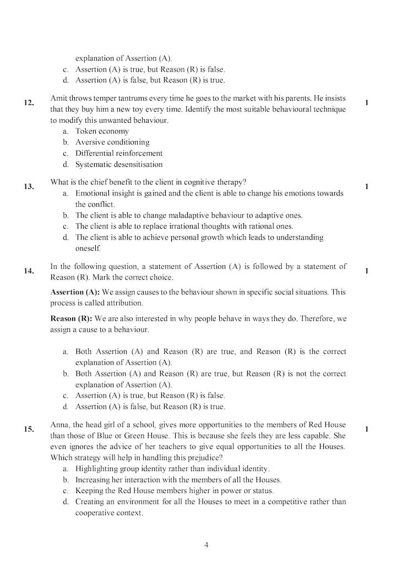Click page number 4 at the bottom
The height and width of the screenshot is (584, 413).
click(x=206, y=545)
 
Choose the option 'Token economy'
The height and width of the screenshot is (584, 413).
click(x=102, y=131)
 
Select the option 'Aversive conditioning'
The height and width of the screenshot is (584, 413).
click(x=112, y=142)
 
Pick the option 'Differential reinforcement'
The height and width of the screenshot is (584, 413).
click(x=118, y=153)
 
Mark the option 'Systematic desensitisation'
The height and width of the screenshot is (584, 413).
click(x=119, y=164)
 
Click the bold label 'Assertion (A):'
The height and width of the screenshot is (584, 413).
click(x=75, y=292)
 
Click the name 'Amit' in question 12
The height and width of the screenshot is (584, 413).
click(x=59, y=98)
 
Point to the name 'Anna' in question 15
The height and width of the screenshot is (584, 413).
click(x=59, y=424)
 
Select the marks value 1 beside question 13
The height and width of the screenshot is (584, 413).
click(x=367, y=186)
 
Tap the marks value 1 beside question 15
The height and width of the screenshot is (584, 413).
click(x=367, y=429)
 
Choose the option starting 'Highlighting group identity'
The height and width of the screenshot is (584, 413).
click(x=172, y=468)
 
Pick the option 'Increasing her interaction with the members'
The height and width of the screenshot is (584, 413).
click(x=178, y=479)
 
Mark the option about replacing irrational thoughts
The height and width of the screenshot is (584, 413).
click(x=184, y=226)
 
